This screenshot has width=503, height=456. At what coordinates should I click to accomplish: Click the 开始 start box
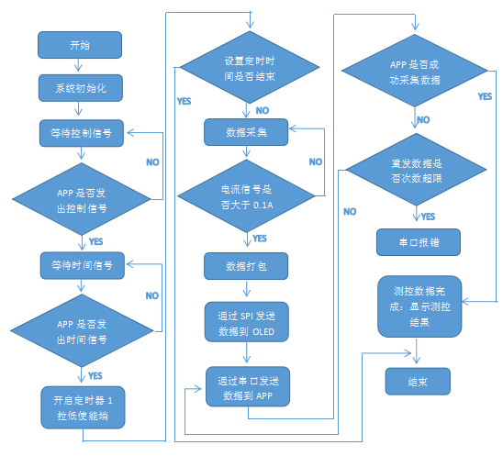pos(80,44)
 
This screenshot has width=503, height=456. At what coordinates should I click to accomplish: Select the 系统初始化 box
pos(80,88)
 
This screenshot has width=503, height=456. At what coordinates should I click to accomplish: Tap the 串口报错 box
pos(418,242)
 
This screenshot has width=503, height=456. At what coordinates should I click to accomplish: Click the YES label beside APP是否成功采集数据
pos(485,95)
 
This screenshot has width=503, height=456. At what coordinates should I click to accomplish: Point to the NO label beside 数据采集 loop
pos(316,161)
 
